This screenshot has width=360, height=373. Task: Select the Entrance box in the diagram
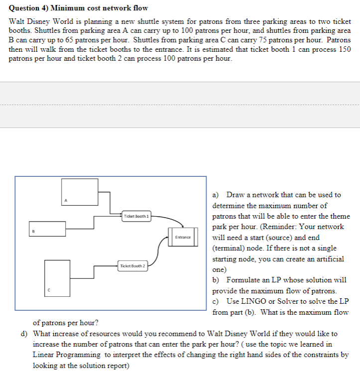pos(183,237)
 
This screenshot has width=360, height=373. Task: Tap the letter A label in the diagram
pos(65,200)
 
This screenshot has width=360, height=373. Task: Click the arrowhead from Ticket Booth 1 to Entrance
pos(183,226)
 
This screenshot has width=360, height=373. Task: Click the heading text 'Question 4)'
pos(28,8)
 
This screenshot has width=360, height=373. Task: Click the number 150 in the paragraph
pos(344,49)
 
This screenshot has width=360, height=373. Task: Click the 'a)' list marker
pos(216,195)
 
